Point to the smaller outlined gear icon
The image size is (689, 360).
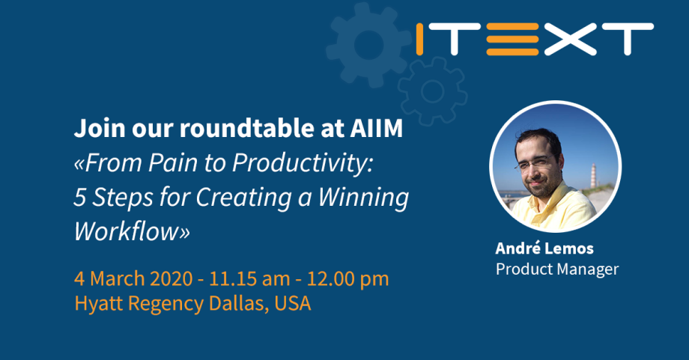click(432, 91)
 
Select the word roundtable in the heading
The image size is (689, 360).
click(243, 128)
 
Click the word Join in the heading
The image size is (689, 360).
click(97, 128)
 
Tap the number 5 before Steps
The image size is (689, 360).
click(79, 198)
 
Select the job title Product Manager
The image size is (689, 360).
click(557, 269)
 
